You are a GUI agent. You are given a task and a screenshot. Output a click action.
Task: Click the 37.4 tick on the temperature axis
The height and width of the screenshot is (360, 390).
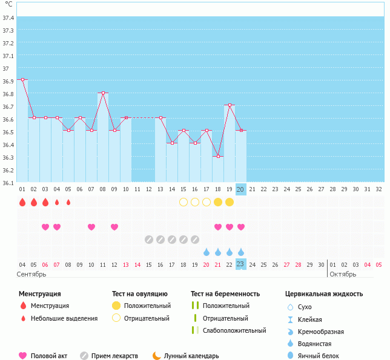pyautogui.click(x=8, y=18)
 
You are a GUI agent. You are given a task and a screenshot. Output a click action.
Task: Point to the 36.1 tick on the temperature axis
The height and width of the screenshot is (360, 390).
pyautogui.click(x=8, y=183)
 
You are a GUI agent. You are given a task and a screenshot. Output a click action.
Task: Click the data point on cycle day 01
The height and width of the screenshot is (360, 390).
pyautogui.click(x=22, y=79)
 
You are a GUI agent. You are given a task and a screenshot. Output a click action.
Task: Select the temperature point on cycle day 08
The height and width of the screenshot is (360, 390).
pyautogui.click(x=103, y=93)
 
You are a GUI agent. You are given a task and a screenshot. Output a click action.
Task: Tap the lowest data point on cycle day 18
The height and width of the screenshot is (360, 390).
pyautogui.click(x=218, y=157)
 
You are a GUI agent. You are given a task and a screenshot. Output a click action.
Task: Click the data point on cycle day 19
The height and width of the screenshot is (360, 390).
pyautogui.click(x=230, y=105)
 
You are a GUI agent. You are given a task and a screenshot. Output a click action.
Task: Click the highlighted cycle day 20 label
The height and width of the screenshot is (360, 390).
pyautogui.click(x=240, y=189)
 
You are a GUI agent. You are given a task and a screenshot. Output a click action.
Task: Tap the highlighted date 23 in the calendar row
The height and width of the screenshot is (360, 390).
pyautogui.click(x=240, y=264)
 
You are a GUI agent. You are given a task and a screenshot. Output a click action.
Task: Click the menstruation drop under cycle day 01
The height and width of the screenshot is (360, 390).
pyautogui.click(x=22, y=202)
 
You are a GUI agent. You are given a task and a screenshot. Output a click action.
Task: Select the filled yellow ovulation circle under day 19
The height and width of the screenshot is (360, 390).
pyautogui.click(x=230, y=202)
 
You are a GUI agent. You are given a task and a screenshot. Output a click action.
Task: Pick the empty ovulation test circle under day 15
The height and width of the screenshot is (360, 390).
pyautogui.click(x=183, y=202)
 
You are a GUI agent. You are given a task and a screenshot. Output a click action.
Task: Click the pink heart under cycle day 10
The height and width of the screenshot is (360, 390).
pyautogui.click(x=91, y=227)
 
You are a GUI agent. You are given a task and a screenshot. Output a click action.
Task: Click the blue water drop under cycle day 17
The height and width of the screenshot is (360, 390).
pyautogui.click(x=207, y=252)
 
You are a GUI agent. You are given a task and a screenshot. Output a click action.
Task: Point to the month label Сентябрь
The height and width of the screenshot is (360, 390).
pyautogui.click(x=31, y=274)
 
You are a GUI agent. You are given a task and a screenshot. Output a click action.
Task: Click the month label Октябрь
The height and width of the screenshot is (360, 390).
pyautogui.click(x=343, y=274)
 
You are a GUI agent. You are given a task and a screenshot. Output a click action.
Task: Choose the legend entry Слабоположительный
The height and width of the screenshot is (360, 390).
pyautogui.click(x=234, y=330)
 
